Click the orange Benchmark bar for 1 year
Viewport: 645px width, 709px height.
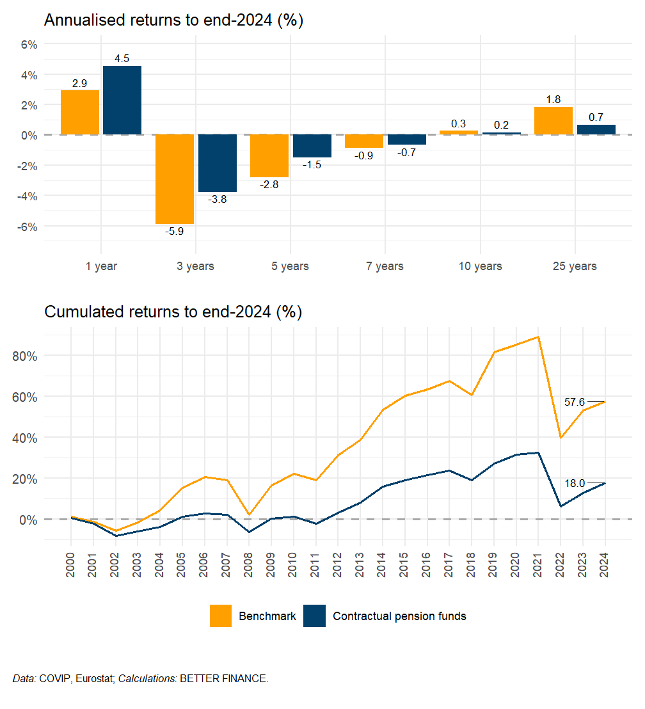80,113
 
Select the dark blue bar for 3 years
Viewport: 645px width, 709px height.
217,163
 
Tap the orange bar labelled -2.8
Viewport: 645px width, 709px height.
269,155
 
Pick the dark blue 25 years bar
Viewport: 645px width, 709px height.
596,130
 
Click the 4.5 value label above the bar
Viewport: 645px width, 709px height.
122,59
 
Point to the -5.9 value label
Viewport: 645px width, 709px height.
174,232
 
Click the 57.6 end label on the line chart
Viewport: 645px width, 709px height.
574,402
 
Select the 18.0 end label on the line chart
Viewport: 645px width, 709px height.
574,483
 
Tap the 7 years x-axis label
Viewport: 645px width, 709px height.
385,266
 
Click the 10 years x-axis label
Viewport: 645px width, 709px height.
480,266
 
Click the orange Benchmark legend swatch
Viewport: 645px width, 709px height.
221,616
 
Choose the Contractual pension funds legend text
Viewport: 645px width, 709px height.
399,617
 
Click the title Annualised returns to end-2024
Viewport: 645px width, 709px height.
173,20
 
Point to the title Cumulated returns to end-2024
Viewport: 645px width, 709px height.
172,312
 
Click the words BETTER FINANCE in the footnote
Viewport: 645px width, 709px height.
224,678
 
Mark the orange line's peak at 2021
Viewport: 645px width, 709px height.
538,337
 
